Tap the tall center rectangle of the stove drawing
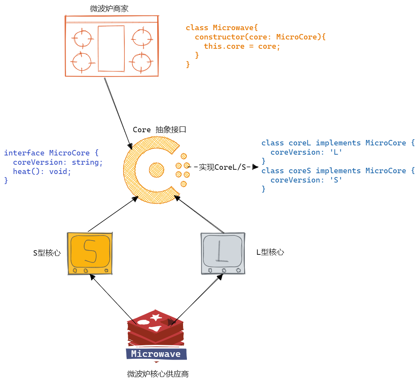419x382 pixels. [111, 49]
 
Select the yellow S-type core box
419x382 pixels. [90, 253]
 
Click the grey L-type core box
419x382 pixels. [223, 253]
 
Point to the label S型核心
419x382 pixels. [47, 253]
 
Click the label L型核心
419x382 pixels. [270, 252]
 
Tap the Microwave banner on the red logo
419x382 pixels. [156, 354]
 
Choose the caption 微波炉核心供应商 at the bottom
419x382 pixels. [158, 374]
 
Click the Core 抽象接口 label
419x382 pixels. [159, 130]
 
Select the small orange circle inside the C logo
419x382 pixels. [156, 169]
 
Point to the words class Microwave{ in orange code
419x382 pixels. [221, 27]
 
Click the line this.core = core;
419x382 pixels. [242, 46]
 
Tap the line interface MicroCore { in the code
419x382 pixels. [51, 153]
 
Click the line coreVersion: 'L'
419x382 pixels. [306, 152]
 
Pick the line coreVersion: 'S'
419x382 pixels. [306, 180]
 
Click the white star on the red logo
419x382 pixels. [156, 317]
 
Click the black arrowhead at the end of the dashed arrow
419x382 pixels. [255, 167]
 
